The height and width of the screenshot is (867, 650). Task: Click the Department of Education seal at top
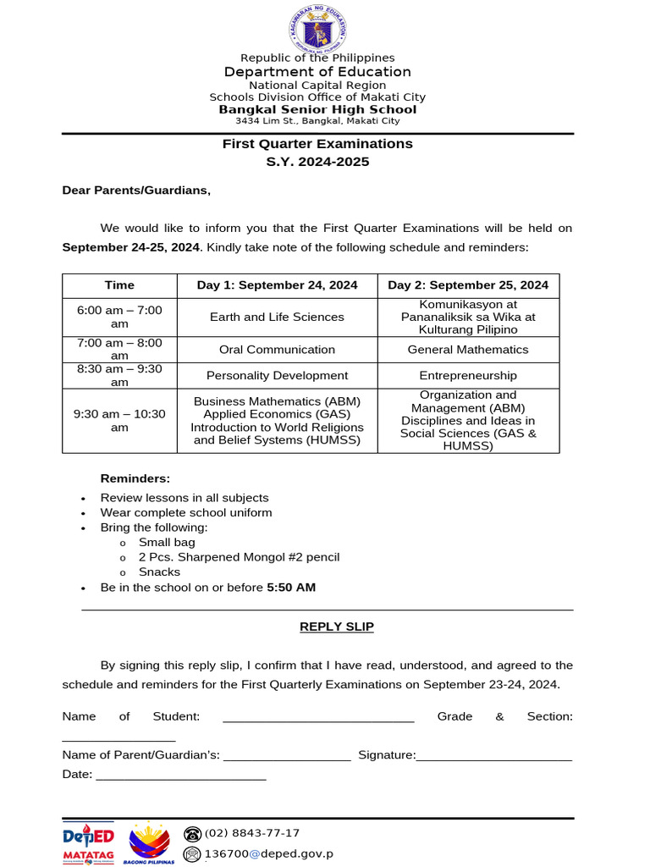(317, 28)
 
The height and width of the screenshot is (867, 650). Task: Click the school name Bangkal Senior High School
(317, 109)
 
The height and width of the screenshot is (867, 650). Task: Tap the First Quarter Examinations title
(317, 144)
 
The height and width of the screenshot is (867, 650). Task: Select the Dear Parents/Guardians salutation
(136, 191)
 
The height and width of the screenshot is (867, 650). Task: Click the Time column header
(119, 285)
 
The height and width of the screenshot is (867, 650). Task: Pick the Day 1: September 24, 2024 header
(277, 285)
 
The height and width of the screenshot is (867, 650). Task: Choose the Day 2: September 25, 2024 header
(468, 285)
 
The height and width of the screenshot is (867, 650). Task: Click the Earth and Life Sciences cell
(277, 317)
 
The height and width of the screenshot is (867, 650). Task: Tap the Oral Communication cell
(277, 350)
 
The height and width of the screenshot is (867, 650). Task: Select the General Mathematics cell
(468, 350)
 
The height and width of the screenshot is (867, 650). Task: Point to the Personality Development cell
(277, 375)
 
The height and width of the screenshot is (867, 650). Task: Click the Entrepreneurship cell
(468, 375)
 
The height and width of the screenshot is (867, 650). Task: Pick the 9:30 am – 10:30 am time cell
(119, 420)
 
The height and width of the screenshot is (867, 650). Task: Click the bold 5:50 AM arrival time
(291, 588)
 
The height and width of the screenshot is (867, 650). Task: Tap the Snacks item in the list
(159, 572)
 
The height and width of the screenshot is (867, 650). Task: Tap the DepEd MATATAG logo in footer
(88, 844)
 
